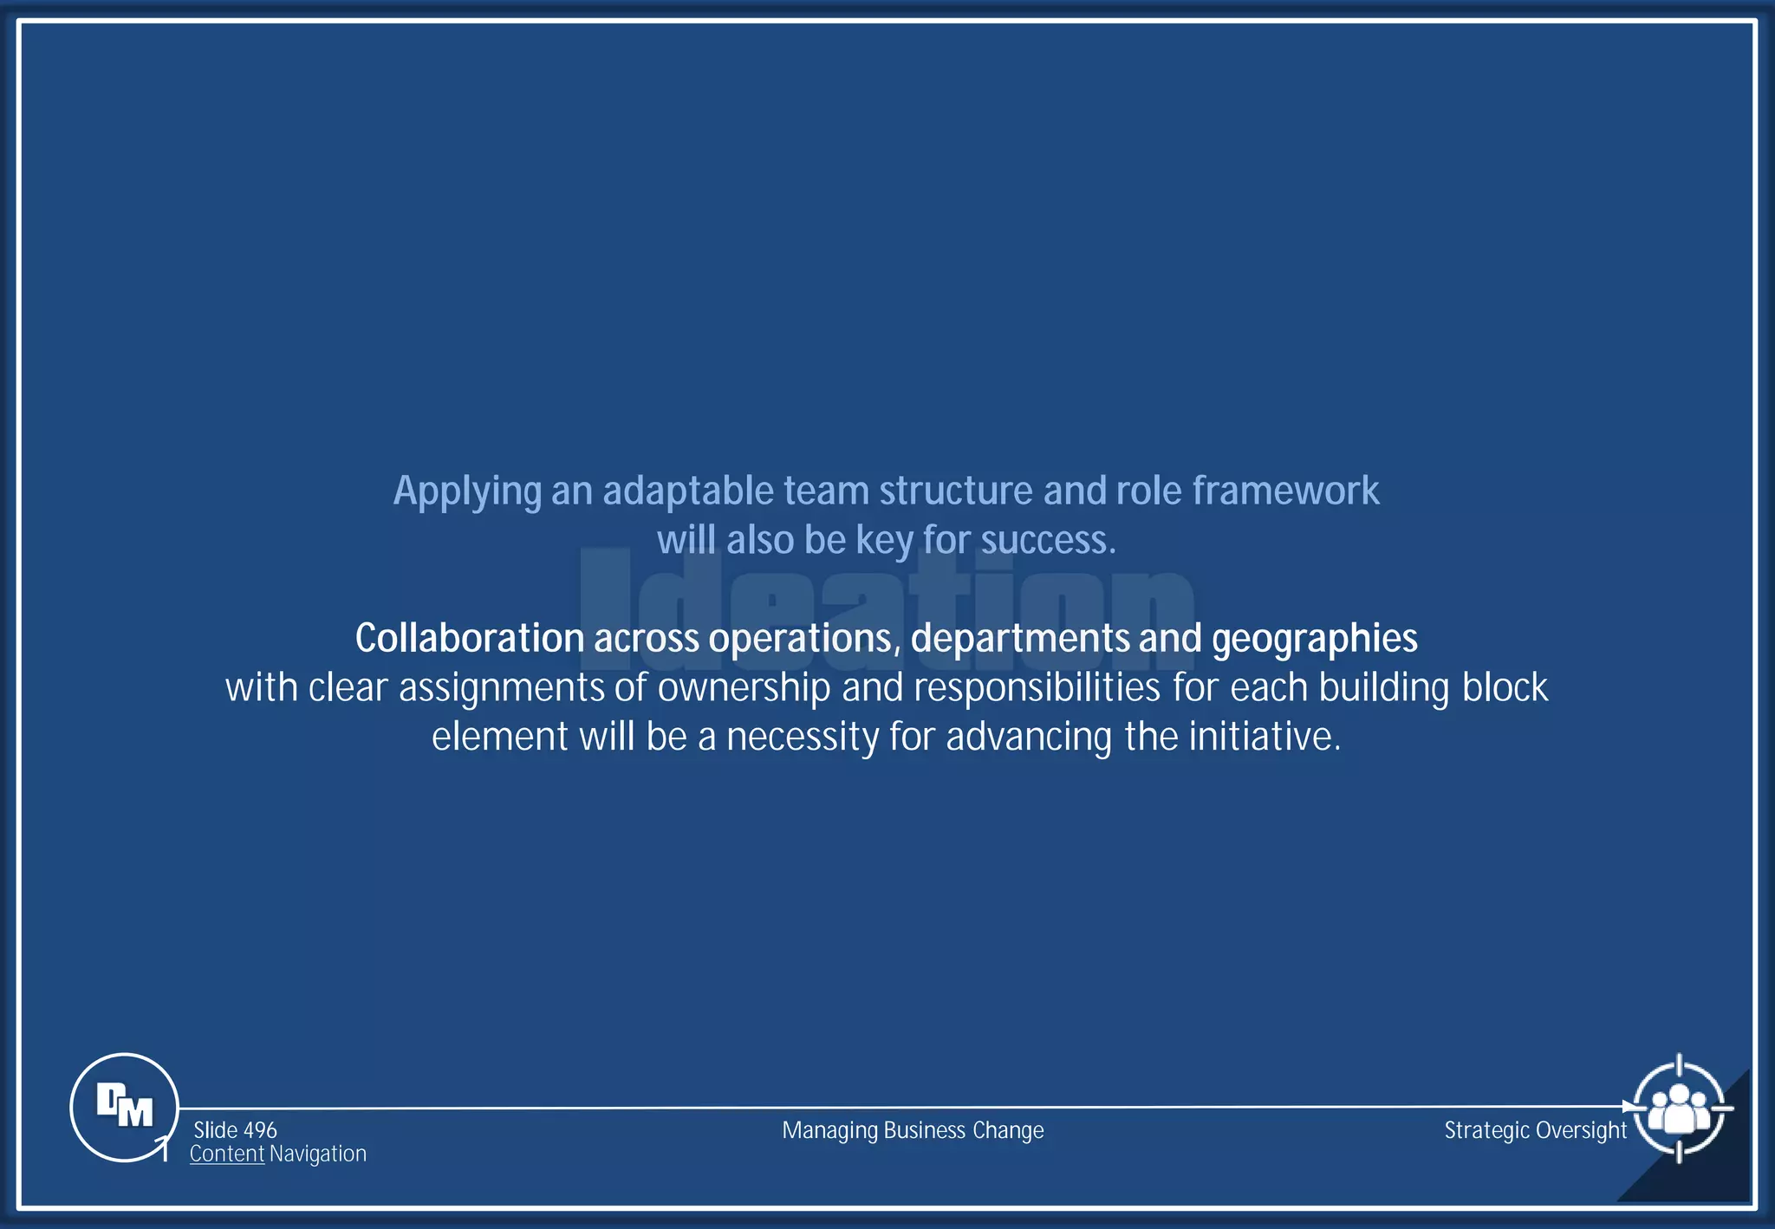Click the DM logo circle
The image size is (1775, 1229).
point(124,1107)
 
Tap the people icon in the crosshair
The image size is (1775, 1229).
point(1679,1109)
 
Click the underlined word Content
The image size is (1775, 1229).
point(226,1154)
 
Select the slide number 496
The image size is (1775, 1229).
point(260,1130)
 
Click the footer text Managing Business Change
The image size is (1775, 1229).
point(913,1130)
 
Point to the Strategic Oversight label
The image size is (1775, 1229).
point(1535,1130)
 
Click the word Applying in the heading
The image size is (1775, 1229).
point(467,491)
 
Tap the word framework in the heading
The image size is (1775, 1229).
point(1285,491)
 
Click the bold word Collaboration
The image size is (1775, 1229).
point(469,639)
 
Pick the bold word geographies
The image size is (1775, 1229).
point(1314,639)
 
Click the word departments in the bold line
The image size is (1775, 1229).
point(1019,639)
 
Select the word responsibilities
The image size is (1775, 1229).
point(1037,688)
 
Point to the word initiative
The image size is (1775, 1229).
point(1264,737)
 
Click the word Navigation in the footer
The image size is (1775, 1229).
point(317,1154)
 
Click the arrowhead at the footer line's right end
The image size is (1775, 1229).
point(1629,1107)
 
